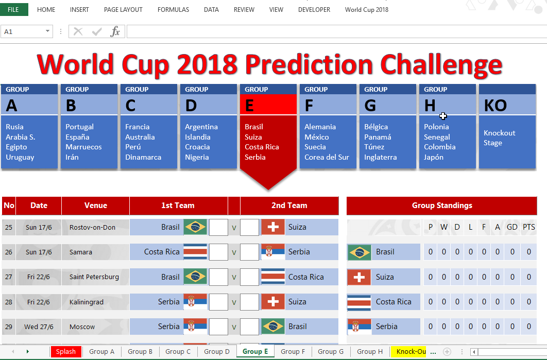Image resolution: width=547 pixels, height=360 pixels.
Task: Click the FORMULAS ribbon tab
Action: (x=173, y=10)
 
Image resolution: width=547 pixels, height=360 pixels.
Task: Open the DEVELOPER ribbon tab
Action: (x=314, y=10)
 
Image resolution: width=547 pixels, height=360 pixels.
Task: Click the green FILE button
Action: (x=13, y=10)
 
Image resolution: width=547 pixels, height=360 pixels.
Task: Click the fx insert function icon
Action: (x=115, y=32)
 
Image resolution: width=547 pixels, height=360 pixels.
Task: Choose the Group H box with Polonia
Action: (x=447, y=127)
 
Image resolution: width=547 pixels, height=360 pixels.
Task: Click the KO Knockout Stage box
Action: (x=507, y=127)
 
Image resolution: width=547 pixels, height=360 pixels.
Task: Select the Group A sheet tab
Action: (x=102, y=352)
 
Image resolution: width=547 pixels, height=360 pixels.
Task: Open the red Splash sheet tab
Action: (x=66, y=352)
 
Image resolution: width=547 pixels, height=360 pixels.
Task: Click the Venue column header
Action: (x=96, y=205)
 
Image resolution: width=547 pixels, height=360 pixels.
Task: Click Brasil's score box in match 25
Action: (x=218, y=227)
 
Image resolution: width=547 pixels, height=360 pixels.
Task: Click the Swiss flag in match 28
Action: (x=273, y=302)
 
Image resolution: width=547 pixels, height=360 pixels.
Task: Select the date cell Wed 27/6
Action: (x=39, y=327)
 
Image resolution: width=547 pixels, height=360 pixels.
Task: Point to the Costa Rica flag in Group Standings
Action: (x=359, y=302)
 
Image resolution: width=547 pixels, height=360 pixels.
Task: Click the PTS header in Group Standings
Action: (x=528, y=227)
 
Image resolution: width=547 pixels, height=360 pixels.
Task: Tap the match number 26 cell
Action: (x=9, y=252)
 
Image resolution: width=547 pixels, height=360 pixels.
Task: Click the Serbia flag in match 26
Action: (x=273, y=252)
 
